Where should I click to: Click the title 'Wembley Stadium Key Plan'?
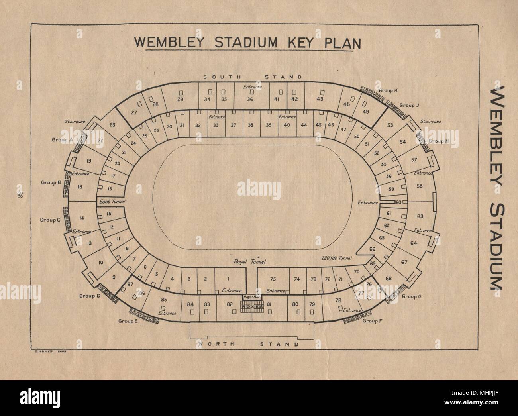coord(244,43)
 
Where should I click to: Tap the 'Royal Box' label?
coord(250,297)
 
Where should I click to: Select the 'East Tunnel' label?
coord(112,202)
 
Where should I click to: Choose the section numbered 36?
coord(250,99)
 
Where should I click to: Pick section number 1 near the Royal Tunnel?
coord(229,279)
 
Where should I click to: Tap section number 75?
coord(273,279)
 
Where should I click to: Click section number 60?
coord(398,202)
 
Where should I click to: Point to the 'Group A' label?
coord(60,140)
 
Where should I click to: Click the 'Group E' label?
coord(128,321)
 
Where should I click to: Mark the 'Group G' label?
coord(411,296)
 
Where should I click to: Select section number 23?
coord(112,125)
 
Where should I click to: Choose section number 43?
coord(320,99)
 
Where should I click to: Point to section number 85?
coord(163,300)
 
